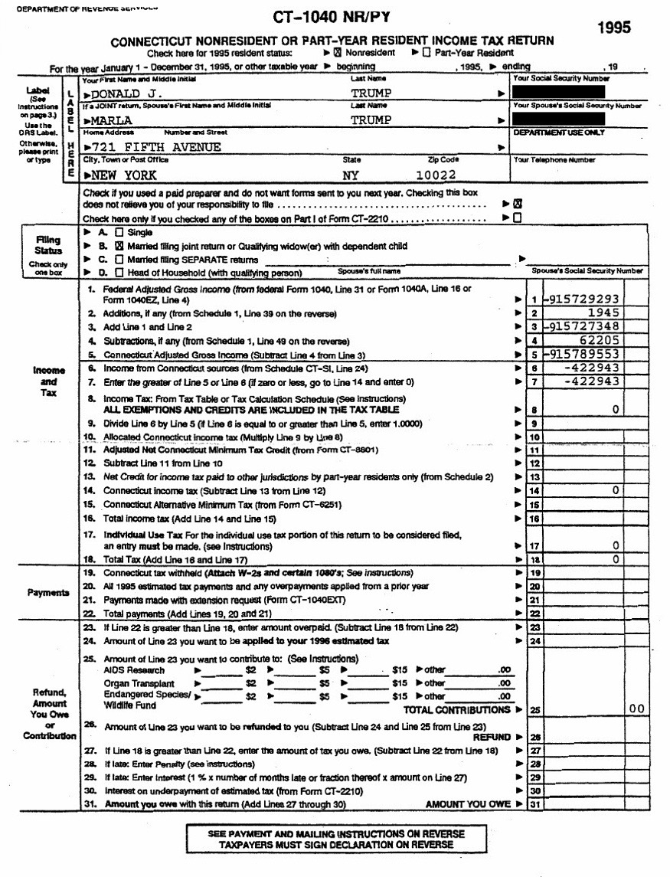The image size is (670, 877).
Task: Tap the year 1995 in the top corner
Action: click(x=615, y=28)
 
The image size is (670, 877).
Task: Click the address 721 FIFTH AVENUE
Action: click(x=156, y=146)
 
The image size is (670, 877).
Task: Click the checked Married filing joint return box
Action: click(x=119, y=246)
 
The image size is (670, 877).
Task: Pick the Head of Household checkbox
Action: click(x=119, y=272)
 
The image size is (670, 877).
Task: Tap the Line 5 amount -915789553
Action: click(x=581, y=354)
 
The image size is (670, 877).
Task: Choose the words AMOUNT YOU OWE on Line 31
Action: click(x=467, y=804)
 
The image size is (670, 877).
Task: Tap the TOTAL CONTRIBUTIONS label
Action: click(x=457, y=708)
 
